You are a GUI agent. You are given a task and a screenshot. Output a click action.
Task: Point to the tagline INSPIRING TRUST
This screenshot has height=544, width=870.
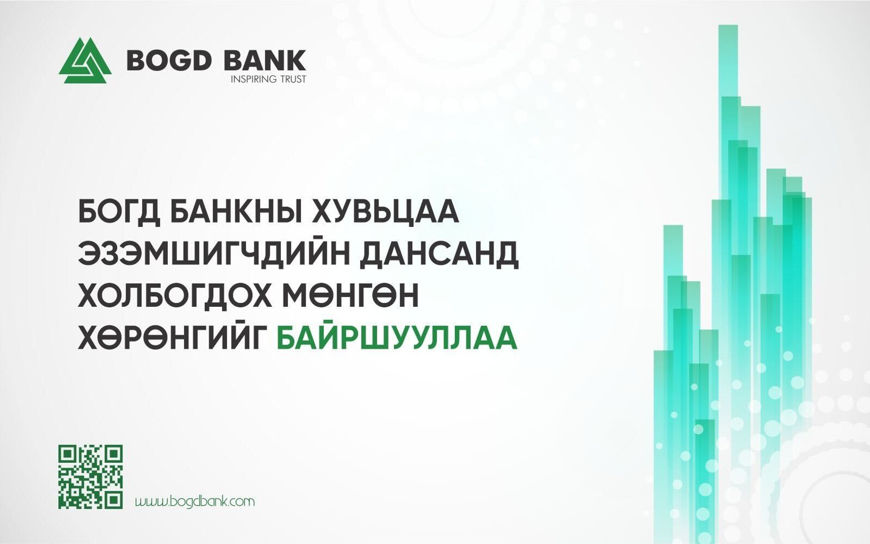(x=269, y=79)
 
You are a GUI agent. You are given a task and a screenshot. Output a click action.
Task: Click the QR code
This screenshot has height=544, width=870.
(x=90, y=477)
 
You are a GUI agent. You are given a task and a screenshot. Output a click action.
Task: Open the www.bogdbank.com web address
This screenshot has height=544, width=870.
(x=194, y=501)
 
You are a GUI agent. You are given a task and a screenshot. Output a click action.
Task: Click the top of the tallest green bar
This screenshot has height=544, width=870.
(x=728, y=25)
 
